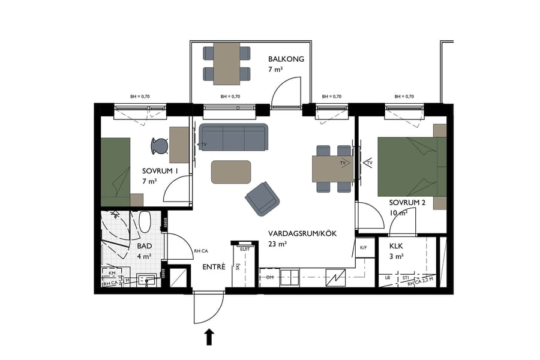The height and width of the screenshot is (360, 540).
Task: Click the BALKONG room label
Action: (x=286, y=59)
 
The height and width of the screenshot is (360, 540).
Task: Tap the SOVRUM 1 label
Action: (x=160, y=171)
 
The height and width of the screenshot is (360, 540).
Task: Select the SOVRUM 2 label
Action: (x=407, y=203)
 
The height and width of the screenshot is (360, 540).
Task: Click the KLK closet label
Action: (x=396, y=246)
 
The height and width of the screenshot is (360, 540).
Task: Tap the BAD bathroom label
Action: (x=144, y=246)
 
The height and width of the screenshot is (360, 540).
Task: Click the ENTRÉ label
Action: (x=214, y=266)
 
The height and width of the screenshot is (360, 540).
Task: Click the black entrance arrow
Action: (x=209, y=337)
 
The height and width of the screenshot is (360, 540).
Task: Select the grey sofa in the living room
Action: (x=233, y=137)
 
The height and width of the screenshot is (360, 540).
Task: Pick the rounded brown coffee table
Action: (x=231, y=172)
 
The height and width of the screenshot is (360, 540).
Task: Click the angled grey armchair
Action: (x=263, y=199)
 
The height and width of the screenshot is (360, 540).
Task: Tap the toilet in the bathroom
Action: (x=145, y=223)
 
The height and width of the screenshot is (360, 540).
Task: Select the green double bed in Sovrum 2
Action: (x=408, y=166)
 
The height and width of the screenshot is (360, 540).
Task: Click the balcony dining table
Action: (x=226, y=62)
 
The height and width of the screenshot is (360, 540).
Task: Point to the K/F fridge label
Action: (x=363, y=247)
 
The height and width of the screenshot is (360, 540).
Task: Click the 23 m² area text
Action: (x=278, y=244)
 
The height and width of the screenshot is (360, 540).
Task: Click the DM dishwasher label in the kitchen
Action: (x=270, y=277)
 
